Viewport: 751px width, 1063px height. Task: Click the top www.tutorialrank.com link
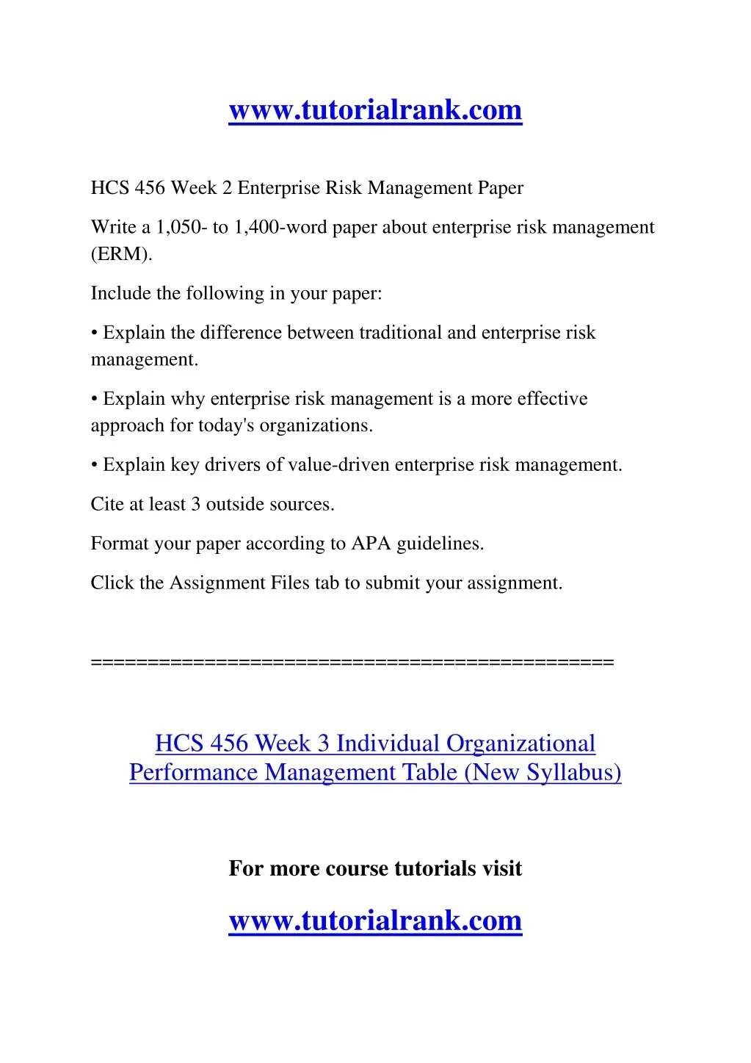(x=375, y=110)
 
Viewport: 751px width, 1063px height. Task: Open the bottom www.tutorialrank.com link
(x=375, y=920)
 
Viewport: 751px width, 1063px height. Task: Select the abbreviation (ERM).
(x=121, y=254)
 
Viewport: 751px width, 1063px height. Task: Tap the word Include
(x=114, y=294)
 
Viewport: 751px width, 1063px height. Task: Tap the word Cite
(x=106, y=505)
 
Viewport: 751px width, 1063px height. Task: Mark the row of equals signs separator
(x=352, y=663)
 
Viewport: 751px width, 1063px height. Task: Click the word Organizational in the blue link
(x=520, y=743)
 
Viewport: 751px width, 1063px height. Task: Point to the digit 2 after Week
(x=227, y=188)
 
